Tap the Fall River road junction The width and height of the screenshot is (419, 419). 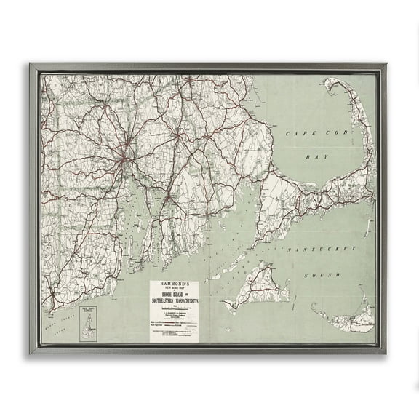pos(168,196)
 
